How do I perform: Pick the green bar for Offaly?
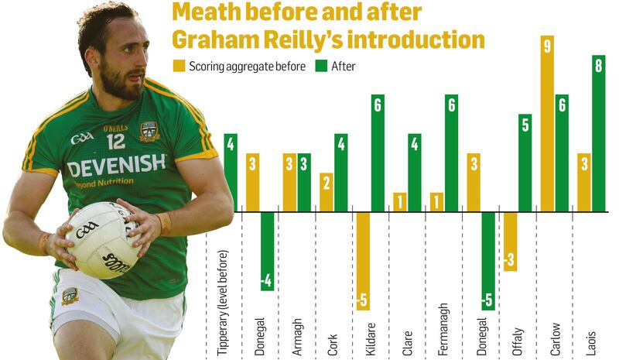tap(525, 163)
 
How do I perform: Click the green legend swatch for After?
tap(321, 67)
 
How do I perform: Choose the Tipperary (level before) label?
tap(224, 303)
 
